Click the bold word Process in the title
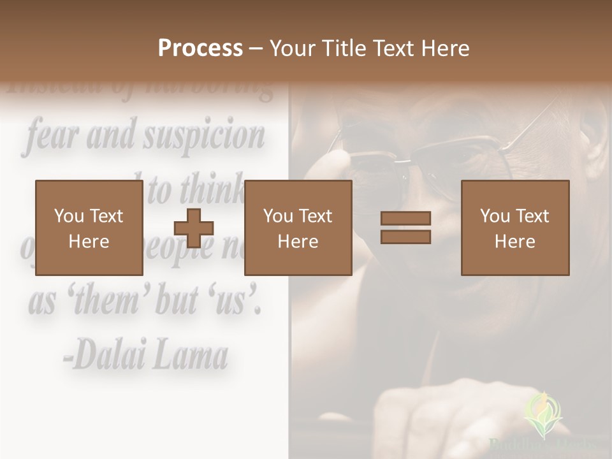click(x=200, y=48)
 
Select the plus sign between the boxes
click(x=194, y=228)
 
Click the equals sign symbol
click(x=405, y=228)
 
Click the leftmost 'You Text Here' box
click(x=89, y=228)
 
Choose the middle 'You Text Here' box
click(x=298, y=228)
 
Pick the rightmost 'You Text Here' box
click(x=514, y=228)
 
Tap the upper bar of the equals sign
click(x=405, y=219)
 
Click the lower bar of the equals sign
click(x=405, y=237)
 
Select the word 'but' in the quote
click(x=177, y=302)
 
